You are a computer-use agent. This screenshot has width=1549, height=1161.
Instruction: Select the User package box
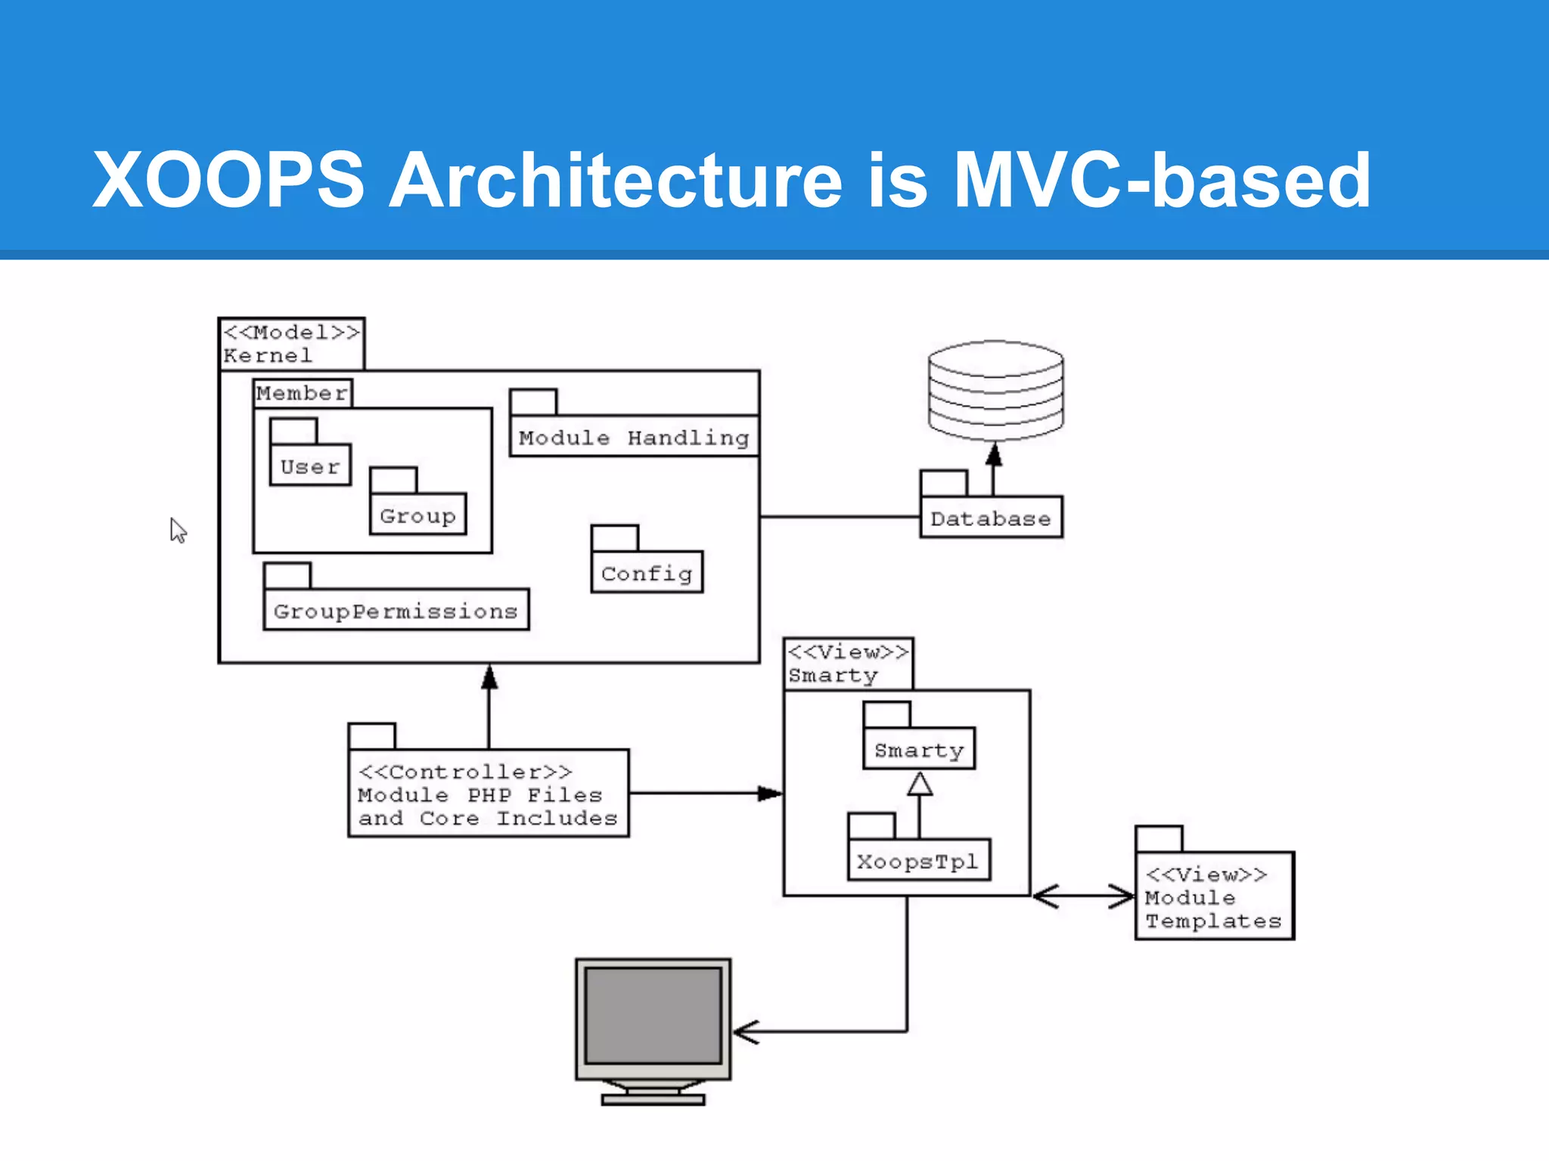coord(310,466)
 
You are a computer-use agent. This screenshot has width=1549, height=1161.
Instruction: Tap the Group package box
coord(418,515)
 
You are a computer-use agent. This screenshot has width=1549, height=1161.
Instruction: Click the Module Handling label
coord(634,437)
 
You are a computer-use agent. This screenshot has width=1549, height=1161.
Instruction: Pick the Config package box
coord(647,573)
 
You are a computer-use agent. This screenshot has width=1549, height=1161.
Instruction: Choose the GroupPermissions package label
coord(396,610)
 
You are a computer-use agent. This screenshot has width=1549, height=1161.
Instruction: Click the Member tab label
coord(302,393)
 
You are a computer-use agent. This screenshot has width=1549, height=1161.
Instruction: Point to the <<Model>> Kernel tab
coord(291,343)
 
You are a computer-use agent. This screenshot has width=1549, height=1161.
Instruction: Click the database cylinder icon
coord(995,390)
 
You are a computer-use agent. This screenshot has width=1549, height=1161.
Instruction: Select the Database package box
coord(991,518)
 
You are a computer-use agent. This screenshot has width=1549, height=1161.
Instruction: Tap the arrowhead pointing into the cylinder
coord(994,454)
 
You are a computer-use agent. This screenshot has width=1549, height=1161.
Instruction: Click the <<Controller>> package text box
coord(488,794)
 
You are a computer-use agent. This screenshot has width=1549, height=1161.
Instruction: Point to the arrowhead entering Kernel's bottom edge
coord(489,676)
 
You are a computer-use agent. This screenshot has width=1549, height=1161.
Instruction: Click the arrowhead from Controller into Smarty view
coord(770,793)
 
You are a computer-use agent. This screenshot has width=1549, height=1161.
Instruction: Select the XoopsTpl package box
coord(918,860)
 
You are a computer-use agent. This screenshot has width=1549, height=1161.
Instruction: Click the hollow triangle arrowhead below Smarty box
coord(919,784)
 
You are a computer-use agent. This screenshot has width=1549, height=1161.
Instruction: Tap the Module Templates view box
coord(1214,896)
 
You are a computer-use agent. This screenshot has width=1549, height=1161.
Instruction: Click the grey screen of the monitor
coord(653,1016)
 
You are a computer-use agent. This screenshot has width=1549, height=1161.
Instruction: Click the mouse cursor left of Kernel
coord(177,530)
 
